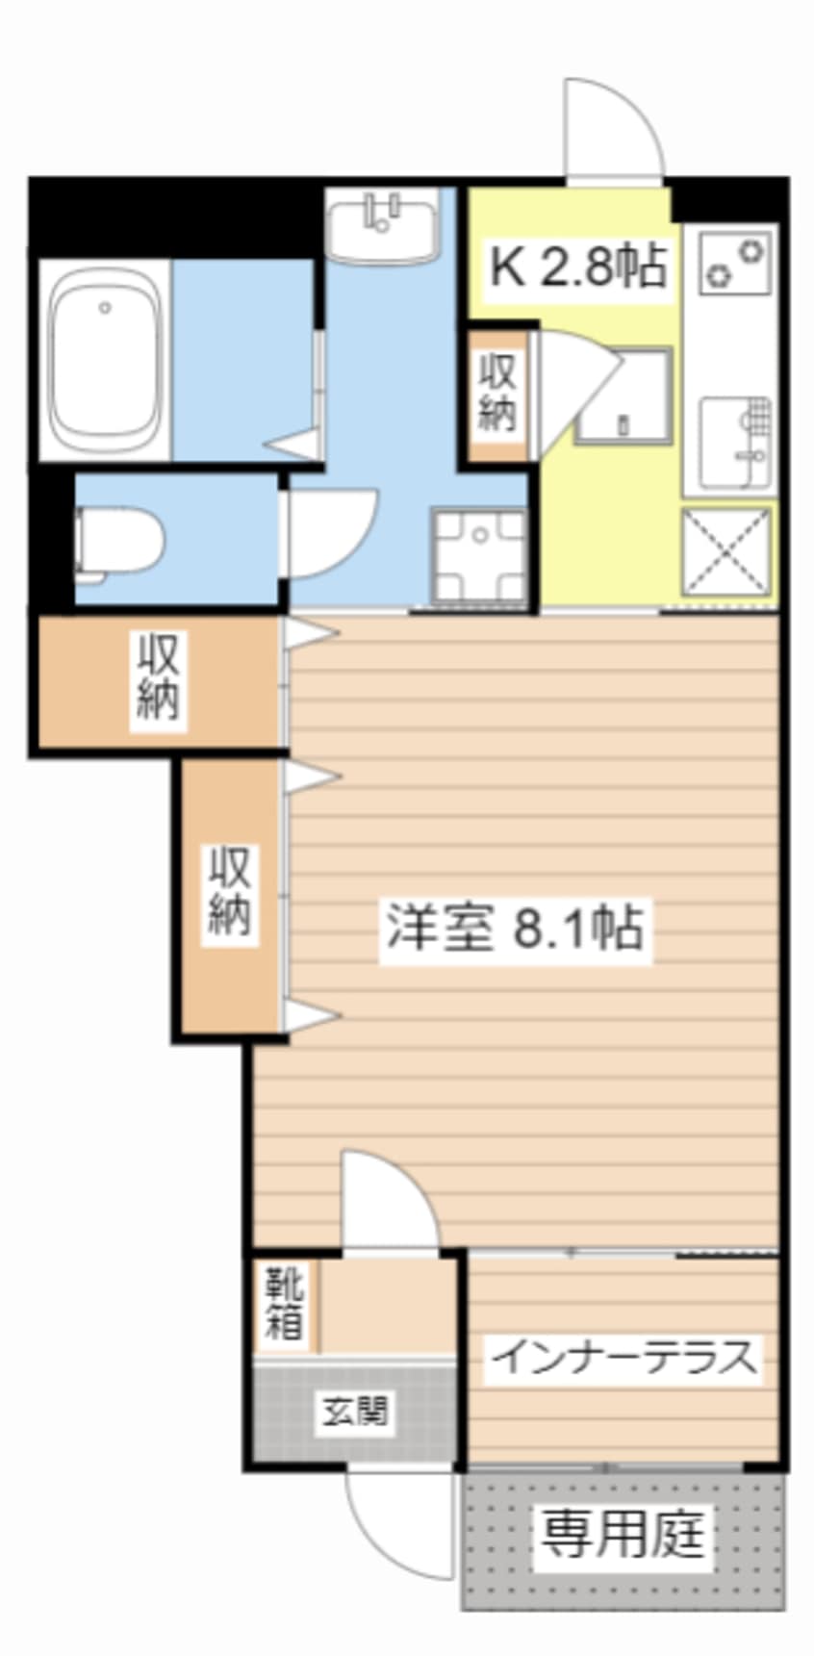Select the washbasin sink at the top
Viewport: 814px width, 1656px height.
383,227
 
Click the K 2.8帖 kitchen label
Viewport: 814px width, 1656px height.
578,267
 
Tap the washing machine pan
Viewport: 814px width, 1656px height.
478,555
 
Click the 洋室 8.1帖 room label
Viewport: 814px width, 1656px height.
515,928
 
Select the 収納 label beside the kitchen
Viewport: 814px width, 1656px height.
498,393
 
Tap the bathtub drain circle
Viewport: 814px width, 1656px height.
105,308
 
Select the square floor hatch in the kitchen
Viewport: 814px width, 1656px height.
623,395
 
